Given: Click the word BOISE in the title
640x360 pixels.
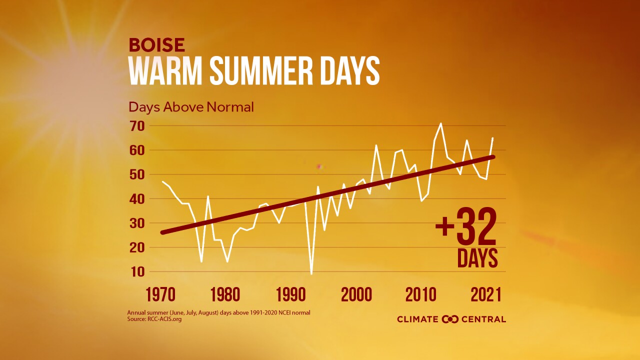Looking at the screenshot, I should click(157, 45).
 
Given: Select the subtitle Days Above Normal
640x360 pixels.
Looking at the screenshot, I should click(191, 107).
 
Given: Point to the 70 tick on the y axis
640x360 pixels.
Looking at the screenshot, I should click(137, 126).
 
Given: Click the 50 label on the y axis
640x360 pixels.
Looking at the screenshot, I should click(137, 174).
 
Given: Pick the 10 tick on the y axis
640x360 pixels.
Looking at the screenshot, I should click(137, 272).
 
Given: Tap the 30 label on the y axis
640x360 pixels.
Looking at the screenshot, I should click(137, 223).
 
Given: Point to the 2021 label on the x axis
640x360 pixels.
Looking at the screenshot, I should click(486, 294).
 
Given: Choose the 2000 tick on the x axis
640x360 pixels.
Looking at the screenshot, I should click(356, 294).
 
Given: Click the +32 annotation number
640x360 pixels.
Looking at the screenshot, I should click(466, 226).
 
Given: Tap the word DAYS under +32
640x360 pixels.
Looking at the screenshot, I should click(477, 258).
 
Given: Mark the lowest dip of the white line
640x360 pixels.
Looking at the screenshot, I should click(311, 273).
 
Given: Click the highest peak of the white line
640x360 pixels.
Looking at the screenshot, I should click(440, 123).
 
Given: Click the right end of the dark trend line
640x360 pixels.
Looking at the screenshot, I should click(493, 157).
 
